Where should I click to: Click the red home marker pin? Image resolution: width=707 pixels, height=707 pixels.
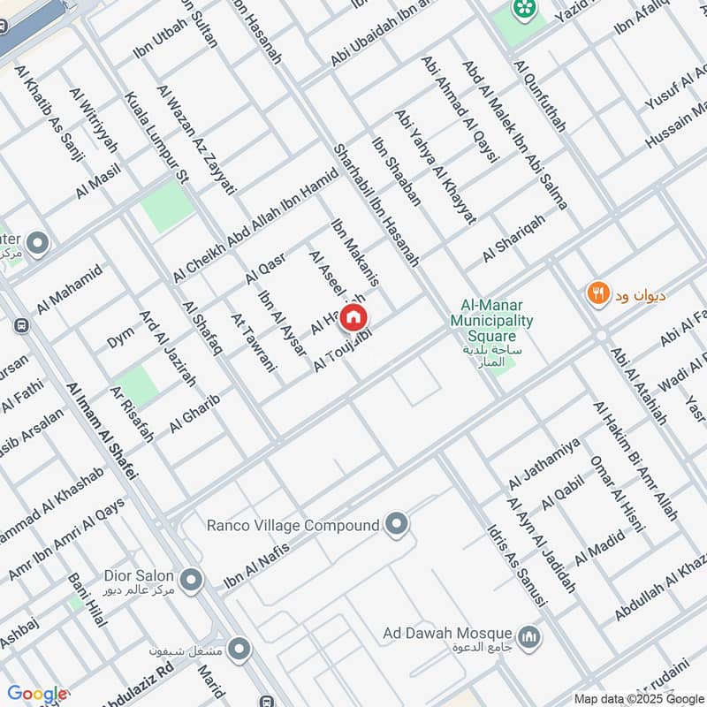coord(353,317)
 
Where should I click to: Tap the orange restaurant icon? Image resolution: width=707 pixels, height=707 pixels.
coord(599,294)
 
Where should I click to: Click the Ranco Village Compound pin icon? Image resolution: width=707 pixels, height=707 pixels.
coord(397,526)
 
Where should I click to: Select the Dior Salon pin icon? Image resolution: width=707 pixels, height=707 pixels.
coord(192,581)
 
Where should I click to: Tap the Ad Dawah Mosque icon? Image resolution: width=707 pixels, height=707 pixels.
coord(529,637)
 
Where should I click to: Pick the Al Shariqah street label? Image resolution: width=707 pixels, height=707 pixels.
coord(513,239)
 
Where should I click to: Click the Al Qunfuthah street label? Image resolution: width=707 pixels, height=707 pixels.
coord(538,95)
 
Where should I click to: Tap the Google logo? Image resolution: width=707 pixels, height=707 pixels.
coord(36,694)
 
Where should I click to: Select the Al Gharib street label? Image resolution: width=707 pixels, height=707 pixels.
coord(194,413)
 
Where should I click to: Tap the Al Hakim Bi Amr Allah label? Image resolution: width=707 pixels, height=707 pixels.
coord(635,460)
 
